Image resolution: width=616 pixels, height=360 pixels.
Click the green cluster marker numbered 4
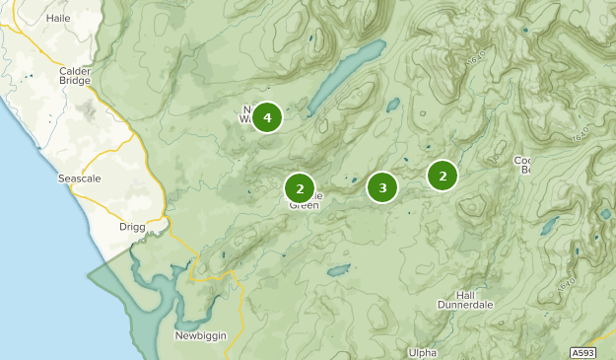tap(266, 118)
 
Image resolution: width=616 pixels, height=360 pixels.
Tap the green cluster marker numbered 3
tap(381, 186)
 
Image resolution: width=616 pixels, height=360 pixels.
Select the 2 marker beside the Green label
tap(299, 187)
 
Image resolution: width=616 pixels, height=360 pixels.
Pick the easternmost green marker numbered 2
tap(443, 176)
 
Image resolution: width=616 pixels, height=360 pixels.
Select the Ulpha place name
tap(421, 352)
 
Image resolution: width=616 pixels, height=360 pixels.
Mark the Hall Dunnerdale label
tap(468, 300)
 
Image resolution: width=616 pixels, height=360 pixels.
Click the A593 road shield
tap(583, 351)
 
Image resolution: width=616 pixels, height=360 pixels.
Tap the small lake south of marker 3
tap(338, 269)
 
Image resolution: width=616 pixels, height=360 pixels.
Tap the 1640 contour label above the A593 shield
tap(565, 284)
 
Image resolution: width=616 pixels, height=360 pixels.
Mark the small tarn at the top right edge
tap(525, 30)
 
